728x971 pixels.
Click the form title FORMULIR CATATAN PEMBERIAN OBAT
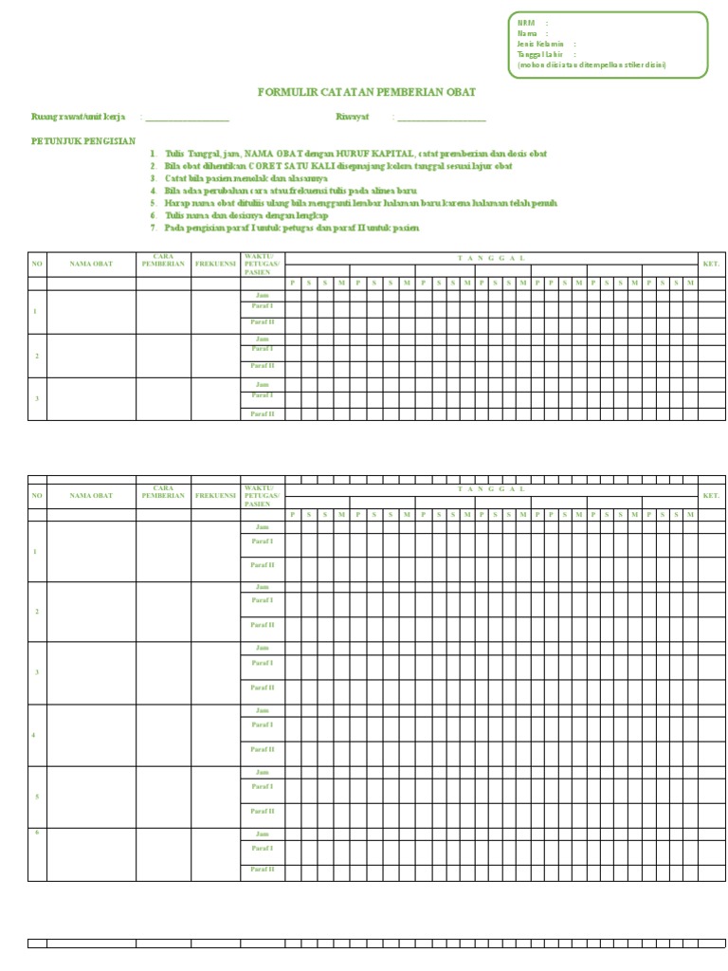pos(367,92)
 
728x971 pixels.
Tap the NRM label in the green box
pos(526,23)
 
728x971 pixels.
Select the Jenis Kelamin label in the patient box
pos(541,44)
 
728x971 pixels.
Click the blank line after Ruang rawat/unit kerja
pos(187,118)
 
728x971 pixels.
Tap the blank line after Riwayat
pos(442,118)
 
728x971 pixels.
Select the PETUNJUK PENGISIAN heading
pos(83,140)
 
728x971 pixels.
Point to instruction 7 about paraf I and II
pos(291,228)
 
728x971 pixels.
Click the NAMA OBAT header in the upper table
pos(91,264)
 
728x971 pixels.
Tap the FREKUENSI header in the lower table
pos(215,496)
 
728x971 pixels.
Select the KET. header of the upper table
pos(711,264)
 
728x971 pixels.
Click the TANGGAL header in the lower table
pos(491,489)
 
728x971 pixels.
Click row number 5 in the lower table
pos(36,797)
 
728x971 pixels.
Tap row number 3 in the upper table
pos(36,398)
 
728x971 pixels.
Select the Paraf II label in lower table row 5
pos(263,812)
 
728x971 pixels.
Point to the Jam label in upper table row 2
pos(263,339)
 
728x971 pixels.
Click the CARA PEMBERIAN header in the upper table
pos(163,261)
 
